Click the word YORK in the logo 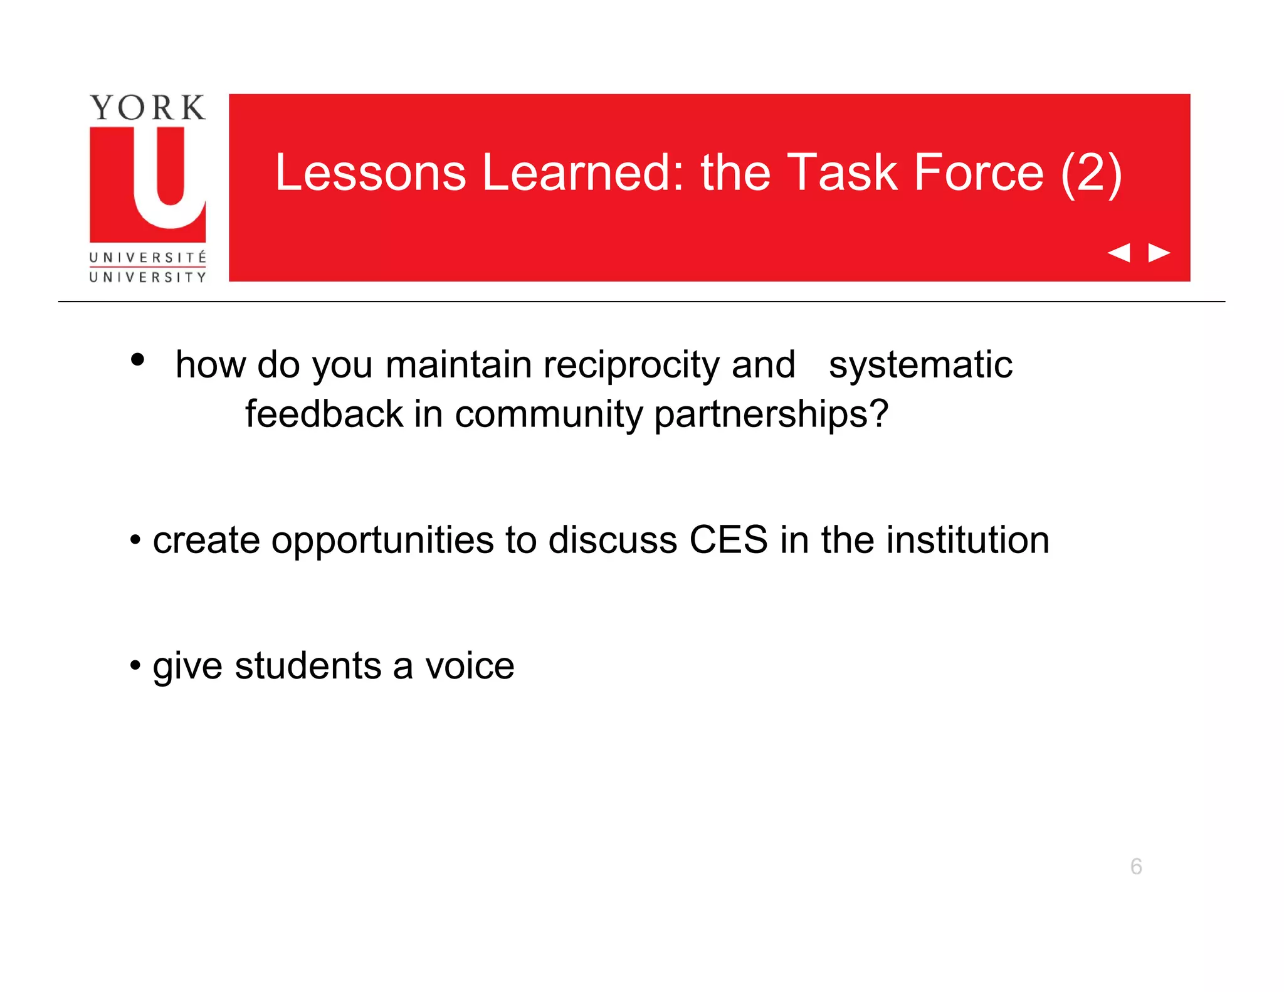(147, 108)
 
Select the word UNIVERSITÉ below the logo (147, 257)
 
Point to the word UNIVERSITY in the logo (147, 277)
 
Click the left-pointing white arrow (1118, 253)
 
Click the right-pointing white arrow (1159, 253)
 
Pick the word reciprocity (631, 365)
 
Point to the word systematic (920, 365)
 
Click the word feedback (324, 414)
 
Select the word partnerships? (771, 415)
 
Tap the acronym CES (728, 540)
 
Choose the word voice (470, 665)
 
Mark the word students (308, 665)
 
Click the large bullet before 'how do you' (138, 360)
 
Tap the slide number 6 (1136, 867)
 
